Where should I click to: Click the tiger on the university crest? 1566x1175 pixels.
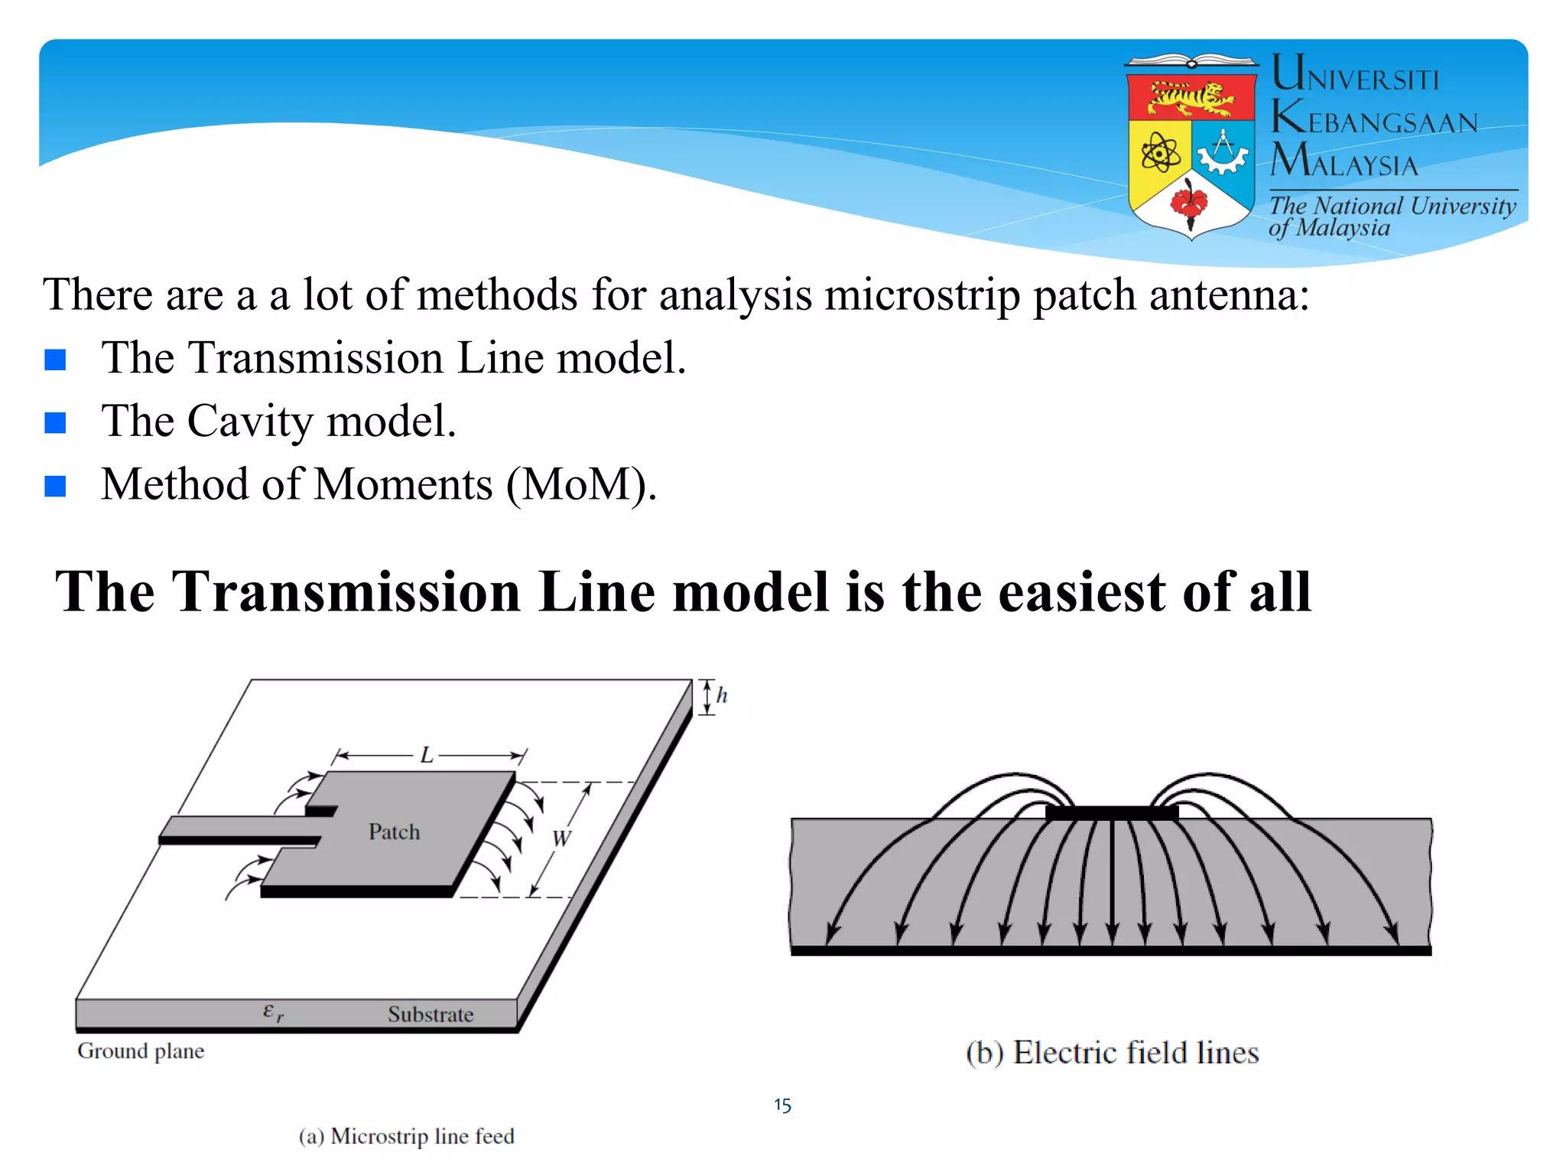point(1191,98)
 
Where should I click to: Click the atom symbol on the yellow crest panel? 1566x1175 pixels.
point(1160,153)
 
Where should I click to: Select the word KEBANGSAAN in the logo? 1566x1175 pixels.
point(1375,120)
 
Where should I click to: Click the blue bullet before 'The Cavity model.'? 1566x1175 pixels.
point(55,422)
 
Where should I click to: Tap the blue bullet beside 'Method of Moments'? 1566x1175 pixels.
point(55,486)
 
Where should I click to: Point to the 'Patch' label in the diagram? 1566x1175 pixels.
point(394,832)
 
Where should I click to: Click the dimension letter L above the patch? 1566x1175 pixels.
point(427,756)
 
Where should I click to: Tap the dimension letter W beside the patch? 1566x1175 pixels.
point(561,838)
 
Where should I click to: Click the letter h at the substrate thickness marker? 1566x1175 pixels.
point(722,696)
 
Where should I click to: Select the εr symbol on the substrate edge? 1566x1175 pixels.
point(273,1012)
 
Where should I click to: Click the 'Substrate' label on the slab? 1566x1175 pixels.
point(430,1014)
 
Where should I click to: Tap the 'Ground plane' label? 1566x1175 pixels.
point(141,1051)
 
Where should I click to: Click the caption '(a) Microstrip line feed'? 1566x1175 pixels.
point(406,1136)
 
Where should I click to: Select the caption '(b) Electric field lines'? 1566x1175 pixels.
point(1112,1053)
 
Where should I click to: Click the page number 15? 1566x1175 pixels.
point(782,1105)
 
